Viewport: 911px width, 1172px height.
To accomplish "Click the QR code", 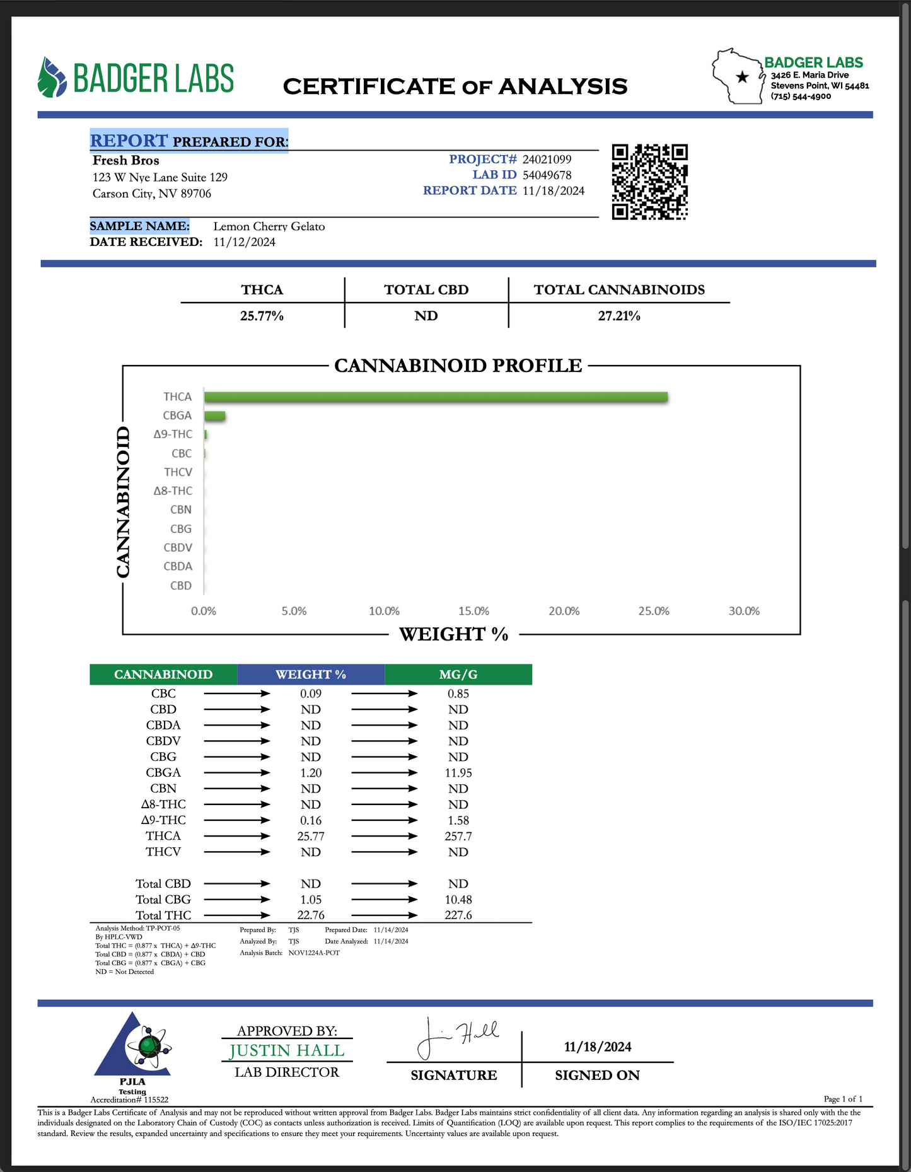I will (x=649, y=182).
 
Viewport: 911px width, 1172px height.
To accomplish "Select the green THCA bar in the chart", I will (x=435, y=397).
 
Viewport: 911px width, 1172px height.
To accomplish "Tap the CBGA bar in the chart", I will (x=215, y=415).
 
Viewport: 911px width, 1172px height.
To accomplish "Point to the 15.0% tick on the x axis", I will (x=473, y=611).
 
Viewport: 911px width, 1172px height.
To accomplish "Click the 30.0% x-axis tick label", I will (x=744, y=611).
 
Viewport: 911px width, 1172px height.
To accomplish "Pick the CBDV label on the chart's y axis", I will (x=178, y=547).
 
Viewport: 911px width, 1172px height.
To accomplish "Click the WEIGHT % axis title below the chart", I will (x=454, y=634).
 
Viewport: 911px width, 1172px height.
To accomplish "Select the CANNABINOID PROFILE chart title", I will (x=458, y=366).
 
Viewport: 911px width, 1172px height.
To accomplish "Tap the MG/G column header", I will (x=458, y=674).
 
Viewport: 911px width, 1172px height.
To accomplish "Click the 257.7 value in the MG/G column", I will (x=458, y=836).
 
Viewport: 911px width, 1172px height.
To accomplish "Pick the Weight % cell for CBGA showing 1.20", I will (x=311, y=773).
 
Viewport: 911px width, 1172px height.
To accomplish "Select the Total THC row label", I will (x=163, y=915).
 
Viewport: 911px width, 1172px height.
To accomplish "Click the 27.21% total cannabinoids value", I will (x=619, y=316).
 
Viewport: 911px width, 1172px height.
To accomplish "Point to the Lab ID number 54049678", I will (x=547, y=175).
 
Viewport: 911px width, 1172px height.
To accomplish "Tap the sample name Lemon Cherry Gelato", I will (x=269, y=226).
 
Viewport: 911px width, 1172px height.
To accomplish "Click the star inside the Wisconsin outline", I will (x=743, y=77).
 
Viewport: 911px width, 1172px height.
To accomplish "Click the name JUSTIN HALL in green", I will (x=287, y=1050).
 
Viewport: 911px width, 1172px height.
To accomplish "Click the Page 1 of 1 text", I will (x=843, y=1099).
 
